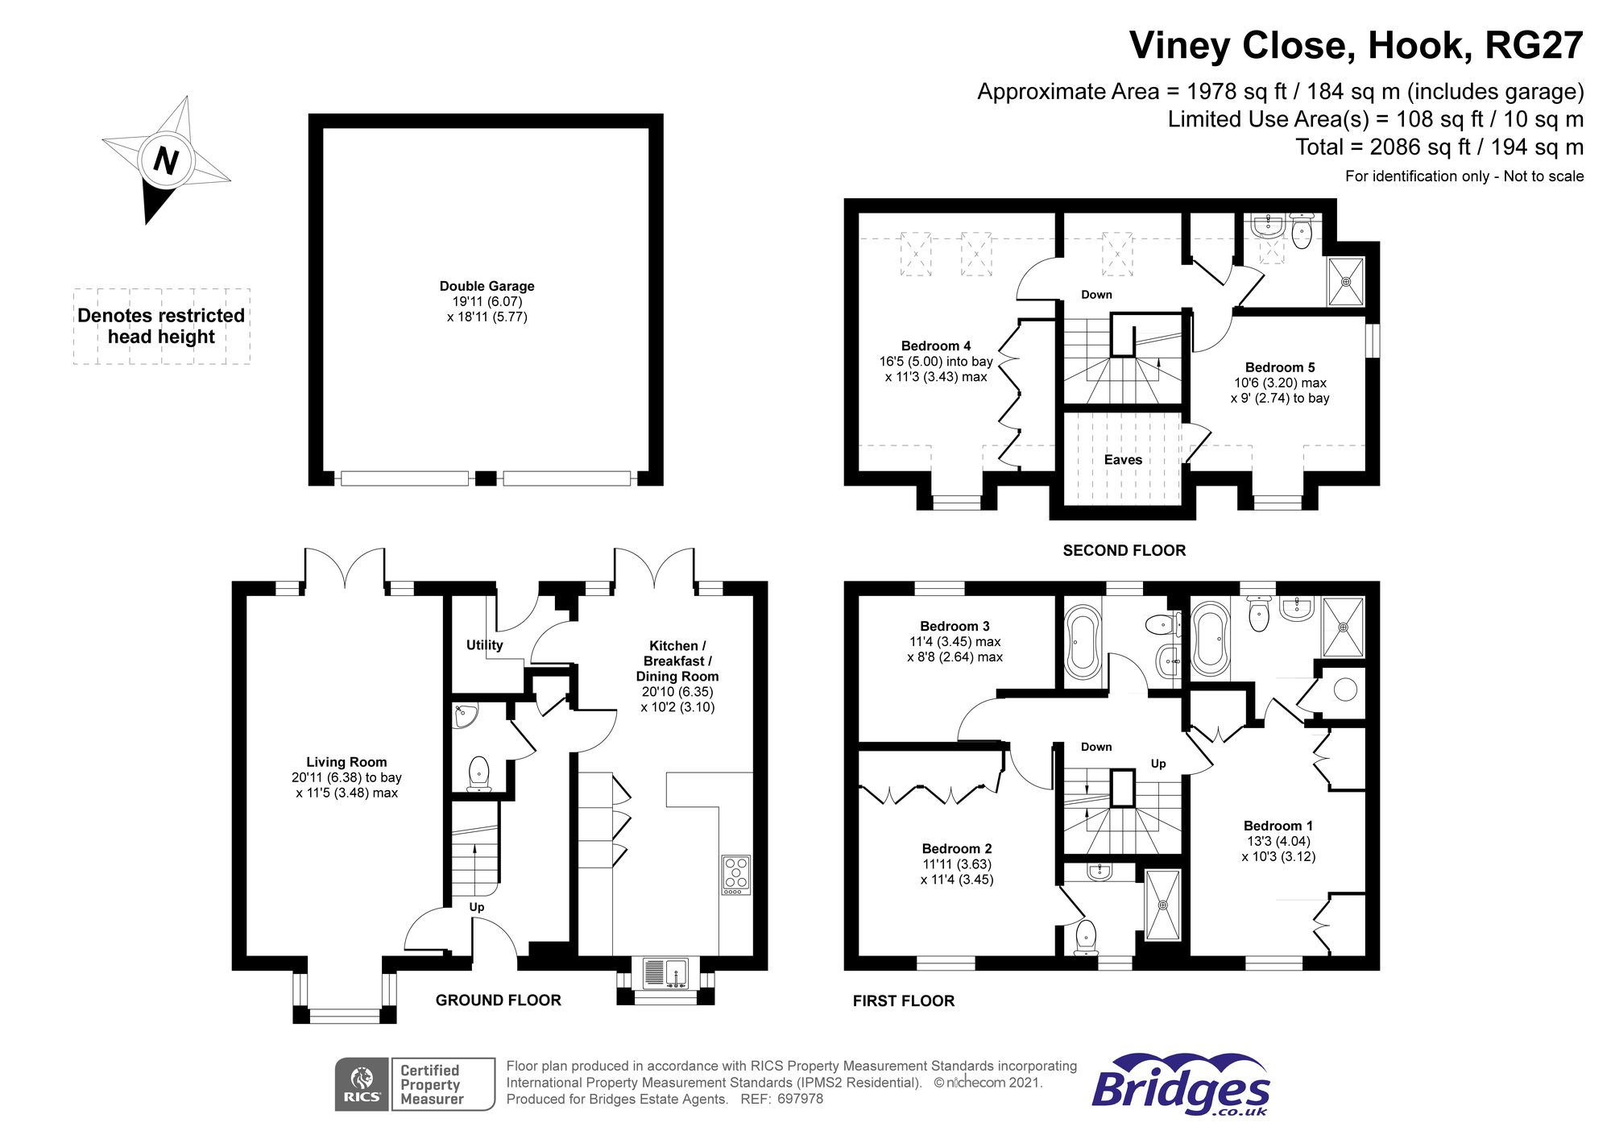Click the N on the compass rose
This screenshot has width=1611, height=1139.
166,160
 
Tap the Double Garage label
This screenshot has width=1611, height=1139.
487,286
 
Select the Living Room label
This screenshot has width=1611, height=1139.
346,762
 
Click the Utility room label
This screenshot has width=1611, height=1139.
484,645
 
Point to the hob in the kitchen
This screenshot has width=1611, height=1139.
736,875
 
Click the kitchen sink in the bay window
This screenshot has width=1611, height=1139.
665,973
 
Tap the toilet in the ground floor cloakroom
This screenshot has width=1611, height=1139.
478,774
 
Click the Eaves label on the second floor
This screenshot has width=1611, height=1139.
1123,460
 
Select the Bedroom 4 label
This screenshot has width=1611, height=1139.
936,346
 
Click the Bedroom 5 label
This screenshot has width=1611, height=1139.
1280,367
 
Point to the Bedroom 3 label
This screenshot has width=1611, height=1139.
955,627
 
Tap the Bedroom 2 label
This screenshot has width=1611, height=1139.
957,849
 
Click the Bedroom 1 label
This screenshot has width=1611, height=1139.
1278,826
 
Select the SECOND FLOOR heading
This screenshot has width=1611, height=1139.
1124,551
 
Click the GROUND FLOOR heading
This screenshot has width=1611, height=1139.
499,1000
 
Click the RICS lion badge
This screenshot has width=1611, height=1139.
362,1084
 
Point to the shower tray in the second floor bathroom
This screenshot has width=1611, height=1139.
1345,282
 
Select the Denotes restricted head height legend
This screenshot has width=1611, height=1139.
161,326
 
